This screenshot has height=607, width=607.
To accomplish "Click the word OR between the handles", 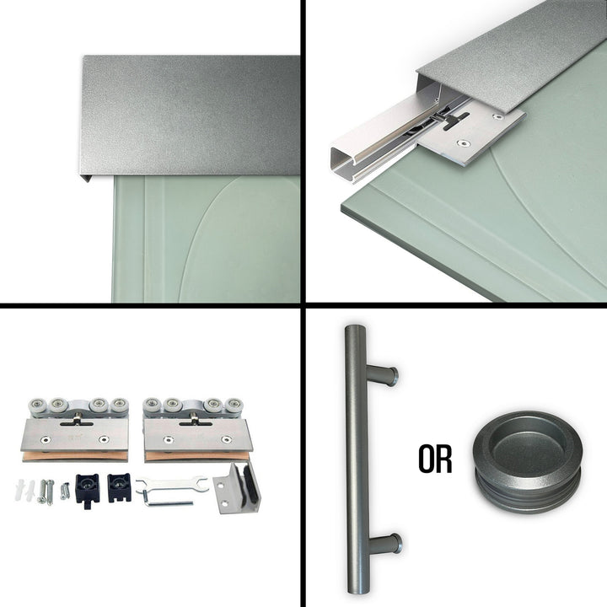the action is tap(435, 459).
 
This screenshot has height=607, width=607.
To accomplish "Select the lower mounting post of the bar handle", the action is tap(384, 543).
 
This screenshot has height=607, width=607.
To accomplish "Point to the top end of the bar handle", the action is tap(355, 328).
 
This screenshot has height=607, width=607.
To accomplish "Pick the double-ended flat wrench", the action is tap(172, 485).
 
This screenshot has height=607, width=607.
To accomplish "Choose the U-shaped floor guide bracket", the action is tap(237, 488).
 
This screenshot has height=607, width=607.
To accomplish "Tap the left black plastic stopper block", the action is tap(87, 488).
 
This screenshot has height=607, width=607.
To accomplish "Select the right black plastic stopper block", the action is tap(119, 488).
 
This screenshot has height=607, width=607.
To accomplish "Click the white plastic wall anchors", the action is tap(24, 489).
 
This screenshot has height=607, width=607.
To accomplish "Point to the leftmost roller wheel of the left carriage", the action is tap(38, 406).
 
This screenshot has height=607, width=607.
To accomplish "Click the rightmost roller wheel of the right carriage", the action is tap(234, 406).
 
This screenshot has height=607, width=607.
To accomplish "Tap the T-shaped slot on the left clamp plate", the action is tap(76, 422).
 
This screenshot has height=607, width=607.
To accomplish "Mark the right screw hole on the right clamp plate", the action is tap(225, 439).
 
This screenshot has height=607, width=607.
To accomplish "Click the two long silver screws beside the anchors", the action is tap(46, 492).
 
